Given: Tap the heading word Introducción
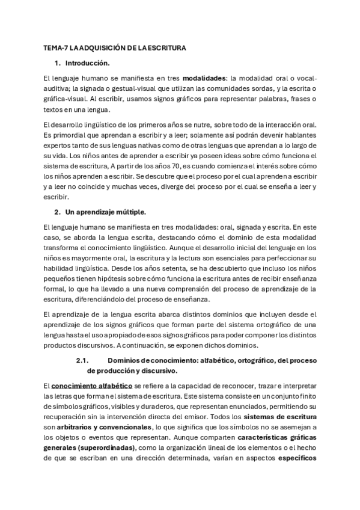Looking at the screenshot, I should pos(87,63).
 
